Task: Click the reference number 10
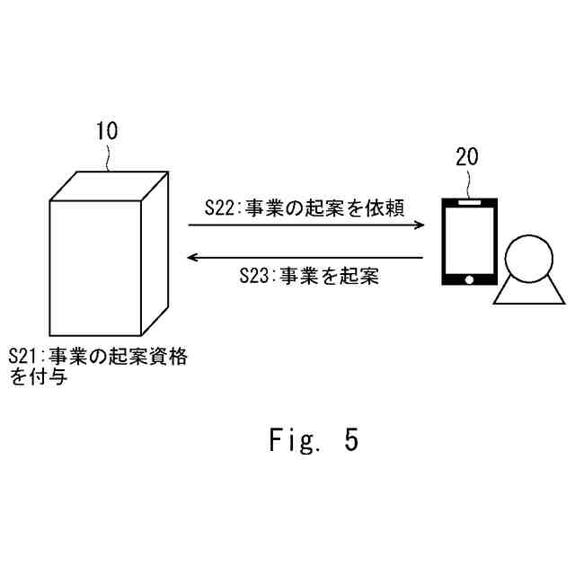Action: pyautogui.click(x=107, y=131)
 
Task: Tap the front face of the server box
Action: pyautogui.click(x=94, y=267)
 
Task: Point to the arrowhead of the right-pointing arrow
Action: pyautogui.click(x=419, y=226)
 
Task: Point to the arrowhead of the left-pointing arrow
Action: pyautogui.click(x=190, y=259)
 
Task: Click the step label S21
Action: pyautogui.click(x=24, y=357)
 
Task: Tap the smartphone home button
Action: pyautogui.click(x=468, y=279)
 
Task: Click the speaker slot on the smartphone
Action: pyautogui.click(x=468, y=205)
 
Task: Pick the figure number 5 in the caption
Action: pyautogui.click(x=349, y=440)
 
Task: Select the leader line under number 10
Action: pyautogui.click(x=108, y=157)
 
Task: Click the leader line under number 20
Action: pyautogui.click(x=468, y=182)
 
